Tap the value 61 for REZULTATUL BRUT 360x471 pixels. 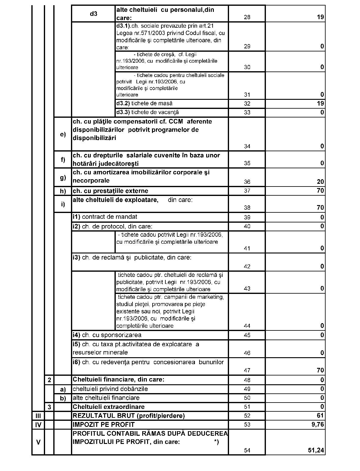tap(320, 416)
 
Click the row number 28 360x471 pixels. tap(247, 17)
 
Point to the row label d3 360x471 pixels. tap(94, 13)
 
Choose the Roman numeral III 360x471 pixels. tap(38, 416)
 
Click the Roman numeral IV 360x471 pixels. tap(38, 425)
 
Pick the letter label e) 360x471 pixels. tap(63, 134)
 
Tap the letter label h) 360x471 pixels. tap(63, 191)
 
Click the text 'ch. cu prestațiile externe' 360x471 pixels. tap(111, 191)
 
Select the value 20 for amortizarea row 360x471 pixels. tap(320, 182)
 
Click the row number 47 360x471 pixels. tap(247, 370)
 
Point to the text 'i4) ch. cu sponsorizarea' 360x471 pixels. tap(107, 335)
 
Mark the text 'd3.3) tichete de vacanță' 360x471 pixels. tap(147, 113)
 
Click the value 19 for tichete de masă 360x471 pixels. tap(320, 103)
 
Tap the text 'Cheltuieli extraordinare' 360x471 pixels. tap(109, 407)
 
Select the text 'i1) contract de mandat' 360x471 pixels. tap(105, 217)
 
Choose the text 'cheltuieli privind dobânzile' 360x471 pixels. tap(110, 389)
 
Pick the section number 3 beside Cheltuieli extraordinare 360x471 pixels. tap(49, 407)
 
